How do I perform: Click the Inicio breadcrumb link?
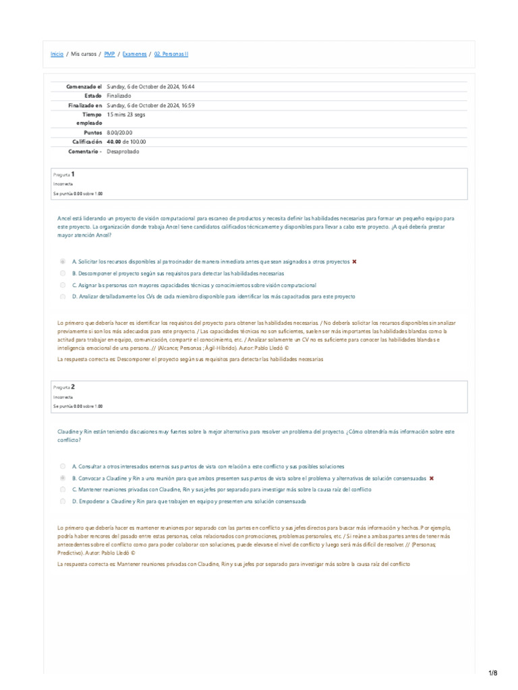(x=57, y=54)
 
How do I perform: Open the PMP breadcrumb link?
(x=109, y=54)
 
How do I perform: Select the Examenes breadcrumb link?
(x=134, y=54)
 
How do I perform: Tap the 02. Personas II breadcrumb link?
(x=171, y=54)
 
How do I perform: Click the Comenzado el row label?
(x=84, y=87)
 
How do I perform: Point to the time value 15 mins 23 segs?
(x=126, y=115)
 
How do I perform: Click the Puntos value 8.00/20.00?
(x=119, y=133)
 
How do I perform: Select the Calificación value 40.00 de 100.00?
(x=126, y=142)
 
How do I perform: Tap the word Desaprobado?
(x=123, y=152)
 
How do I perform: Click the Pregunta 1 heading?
(x=68, y=174)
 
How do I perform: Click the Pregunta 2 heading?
(x=68, y=387)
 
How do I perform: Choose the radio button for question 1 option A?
(x=63, y=261)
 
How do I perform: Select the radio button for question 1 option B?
(x=63, y=274)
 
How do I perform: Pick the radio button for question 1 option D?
(x=63, y=296)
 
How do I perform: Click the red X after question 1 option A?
(x=354, y=261)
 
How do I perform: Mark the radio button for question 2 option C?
(x=63, y=490)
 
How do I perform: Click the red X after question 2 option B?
(x=431, y=478)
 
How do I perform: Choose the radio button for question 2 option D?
(x=63, y=501)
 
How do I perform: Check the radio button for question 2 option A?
(x=63, y=466)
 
